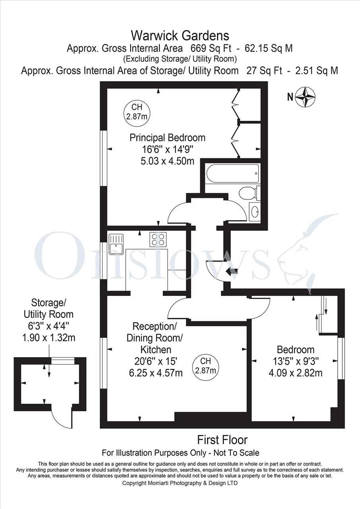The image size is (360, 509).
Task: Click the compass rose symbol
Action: [x=305, y=97]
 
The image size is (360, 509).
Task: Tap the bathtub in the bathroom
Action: [x=233, y=173]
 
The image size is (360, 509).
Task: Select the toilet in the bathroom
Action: [x=249, y=193]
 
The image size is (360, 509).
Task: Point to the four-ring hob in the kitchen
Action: [x=158, y=239]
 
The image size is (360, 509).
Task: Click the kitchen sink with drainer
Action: [x=116, y=244]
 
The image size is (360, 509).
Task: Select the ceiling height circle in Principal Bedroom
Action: [x=136, y=112]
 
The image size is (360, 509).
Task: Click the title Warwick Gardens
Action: [x=180, y=36]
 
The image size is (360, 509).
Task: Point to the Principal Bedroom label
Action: [x=167, y=138]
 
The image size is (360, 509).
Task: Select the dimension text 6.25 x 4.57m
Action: [x=156, y=373]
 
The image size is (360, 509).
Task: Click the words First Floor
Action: [x=222, y=440]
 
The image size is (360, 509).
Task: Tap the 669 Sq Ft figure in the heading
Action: [x=211, y=49]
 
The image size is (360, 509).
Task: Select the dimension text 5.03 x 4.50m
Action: [x=167, y=161]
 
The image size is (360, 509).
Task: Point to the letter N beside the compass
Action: [x=290, y=97]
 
